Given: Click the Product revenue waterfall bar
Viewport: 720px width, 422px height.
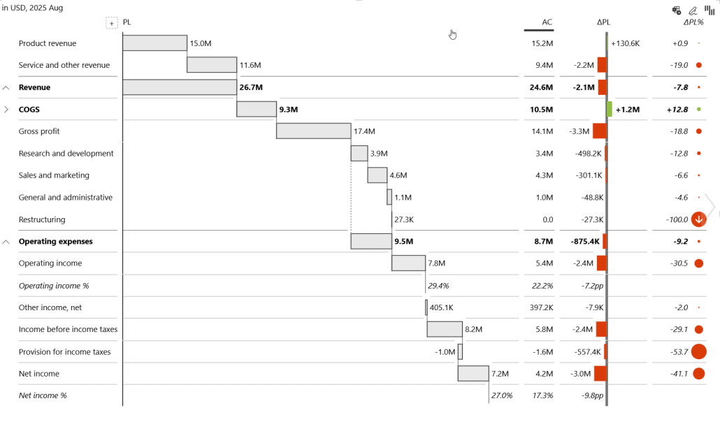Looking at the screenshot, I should pyautogui.click(x=154, y=43).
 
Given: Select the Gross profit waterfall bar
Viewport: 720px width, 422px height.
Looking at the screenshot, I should pyautogui.click(x=313, y=131).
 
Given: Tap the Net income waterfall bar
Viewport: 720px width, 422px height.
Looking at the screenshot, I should pyautogui.click(x=473, y=374).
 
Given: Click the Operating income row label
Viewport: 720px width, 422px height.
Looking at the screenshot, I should pyautogui.click(x=50, y=263).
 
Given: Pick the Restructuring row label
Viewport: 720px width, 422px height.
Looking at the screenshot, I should pyautogui.click(x=42, y=219).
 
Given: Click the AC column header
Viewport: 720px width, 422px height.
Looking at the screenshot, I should pyautogui.click(x=547, y=22).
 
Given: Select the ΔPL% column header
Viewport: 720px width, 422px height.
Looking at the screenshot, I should pyautogui.click(x=693, y=22).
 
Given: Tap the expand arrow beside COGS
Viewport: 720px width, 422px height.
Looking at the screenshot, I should pyautogui.click(x=6, y=110).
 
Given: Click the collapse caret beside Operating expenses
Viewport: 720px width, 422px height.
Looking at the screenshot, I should pyautogui.click(x=6, y=242).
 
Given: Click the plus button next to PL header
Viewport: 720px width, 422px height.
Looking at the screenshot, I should pyautogui.click(x=112, y=23).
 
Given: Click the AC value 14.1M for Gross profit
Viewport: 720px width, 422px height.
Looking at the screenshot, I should pyautogui.click(x=542, y=131).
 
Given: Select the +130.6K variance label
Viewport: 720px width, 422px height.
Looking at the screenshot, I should pyautogui.click(x=625, y=43).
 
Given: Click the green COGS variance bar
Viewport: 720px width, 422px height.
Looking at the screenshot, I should pyautogui.click(x=610, y=110).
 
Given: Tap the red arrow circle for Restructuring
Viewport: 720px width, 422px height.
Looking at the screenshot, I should pyautogui.click(x=698, y=219).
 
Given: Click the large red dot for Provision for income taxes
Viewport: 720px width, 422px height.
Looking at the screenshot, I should pyautogui.click(x=698, y=351).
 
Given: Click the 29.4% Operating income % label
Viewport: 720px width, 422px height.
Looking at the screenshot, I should pyautogui.click(x=438, y=286).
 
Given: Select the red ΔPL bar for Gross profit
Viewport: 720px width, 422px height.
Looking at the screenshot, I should pyautogui.click(x=599, y=131).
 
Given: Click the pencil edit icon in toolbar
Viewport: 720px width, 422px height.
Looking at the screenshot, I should pyautogui.click(x=693, y=10).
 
